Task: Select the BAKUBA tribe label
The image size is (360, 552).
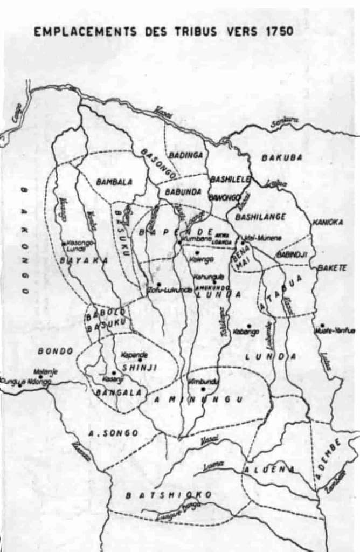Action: coord(282,157)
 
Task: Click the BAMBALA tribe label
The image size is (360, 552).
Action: coord(114,182)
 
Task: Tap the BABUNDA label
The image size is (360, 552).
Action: coord(183,191)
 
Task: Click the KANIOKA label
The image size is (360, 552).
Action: coord(328,222)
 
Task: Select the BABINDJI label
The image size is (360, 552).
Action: coord(292,253)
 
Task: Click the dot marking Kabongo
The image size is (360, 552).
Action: coord(249,326)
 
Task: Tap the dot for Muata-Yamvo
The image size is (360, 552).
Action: coord(322,326)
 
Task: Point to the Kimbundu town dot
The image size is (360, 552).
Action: coord(203,388)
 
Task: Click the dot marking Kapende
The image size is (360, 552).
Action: coord(140,360)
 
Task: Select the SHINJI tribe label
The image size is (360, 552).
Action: coord(133,368)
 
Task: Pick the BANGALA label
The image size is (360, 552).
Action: coord(119,392)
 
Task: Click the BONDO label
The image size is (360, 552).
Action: coord(55,351)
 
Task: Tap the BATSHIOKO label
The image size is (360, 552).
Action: coord(169,494)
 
